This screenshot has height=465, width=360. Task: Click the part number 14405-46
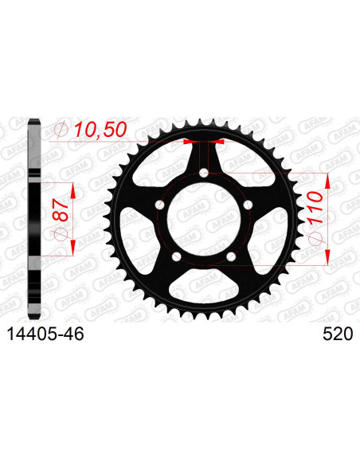pos(45,334)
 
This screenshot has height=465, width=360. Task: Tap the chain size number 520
pos(338,334)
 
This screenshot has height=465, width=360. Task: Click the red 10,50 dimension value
pos(100,130)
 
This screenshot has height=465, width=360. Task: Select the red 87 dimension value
pos(61,210)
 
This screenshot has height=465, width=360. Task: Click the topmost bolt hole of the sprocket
pos(204,173)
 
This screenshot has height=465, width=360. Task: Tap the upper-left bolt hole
pos(160,205)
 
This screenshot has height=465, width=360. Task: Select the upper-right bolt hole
pos(248,205)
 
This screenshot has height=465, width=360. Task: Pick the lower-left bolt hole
pos(177,256)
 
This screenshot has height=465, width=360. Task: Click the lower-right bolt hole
pos(231,256)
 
